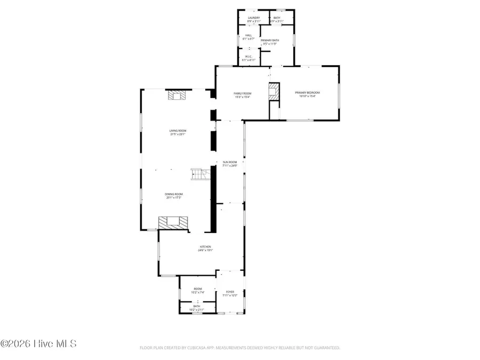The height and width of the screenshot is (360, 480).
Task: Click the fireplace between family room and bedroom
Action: point(274,91)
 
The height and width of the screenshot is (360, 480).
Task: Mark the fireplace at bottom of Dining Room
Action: point(174,223)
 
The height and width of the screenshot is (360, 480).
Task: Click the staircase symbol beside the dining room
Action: point(198,174)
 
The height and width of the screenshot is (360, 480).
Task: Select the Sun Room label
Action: point(229,164)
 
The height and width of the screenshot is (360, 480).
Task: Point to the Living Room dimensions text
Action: point(178,134)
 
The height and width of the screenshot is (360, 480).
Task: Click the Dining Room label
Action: point(174,195)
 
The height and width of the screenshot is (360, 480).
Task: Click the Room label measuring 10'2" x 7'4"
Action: point(197,290)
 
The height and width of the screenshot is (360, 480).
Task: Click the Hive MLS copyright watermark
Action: point(38,344)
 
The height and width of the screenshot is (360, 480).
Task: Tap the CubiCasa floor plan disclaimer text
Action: point(239,348)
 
